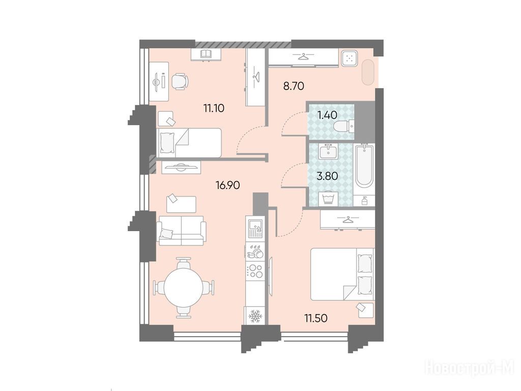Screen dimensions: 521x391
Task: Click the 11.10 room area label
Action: point(214,108)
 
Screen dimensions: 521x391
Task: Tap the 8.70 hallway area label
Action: point(294,86)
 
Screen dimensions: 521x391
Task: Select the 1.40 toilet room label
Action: point(327,115)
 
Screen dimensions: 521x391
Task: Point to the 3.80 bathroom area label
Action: point(327,176)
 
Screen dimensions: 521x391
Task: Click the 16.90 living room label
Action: point(228,185)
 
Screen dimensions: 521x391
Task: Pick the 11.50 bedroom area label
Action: point(316,318)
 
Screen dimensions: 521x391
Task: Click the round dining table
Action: point(183,288)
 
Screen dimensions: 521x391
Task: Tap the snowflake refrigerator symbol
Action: point(255,316)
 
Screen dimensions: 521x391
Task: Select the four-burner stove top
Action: point(255,271)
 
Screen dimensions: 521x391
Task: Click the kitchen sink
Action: point(255,228)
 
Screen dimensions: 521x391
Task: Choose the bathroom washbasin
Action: point(328,152)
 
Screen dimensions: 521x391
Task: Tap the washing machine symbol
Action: point(328,200)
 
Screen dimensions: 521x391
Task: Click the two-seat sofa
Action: point(182,231)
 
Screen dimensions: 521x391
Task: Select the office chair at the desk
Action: point(180,81)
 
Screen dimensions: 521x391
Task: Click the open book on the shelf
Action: point(206,53)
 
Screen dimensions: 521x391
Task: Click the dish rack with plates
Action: point(255,253)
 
